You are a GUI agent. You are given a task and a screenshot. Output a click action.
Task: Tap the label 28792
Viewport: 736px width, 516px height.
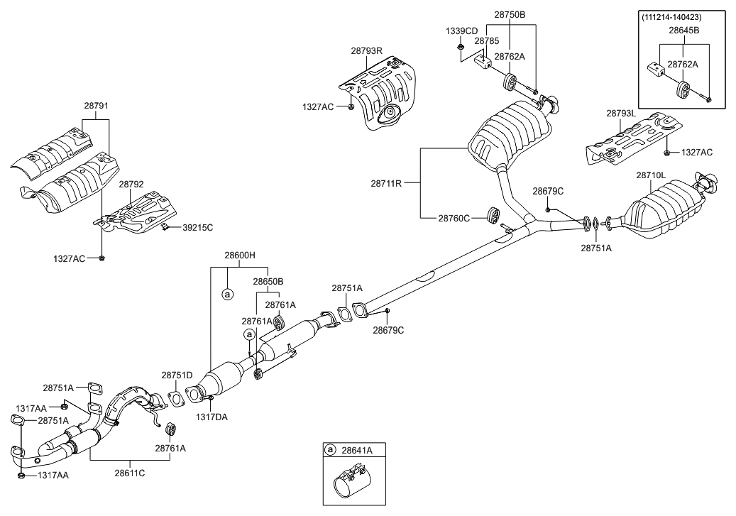131,184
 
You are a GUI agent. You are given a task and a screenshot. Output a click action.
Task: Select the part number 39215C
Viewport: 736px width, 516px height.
197,227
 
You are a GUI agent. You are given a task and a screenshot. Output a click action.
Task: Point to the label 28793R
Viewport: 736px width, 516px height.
366,50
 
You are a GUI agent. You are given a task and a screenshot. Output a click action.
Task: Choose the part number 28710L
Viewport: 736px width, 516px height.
651,175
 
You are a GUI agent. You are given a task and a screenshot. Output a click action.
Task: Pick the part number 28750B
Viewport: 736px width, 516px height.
510,14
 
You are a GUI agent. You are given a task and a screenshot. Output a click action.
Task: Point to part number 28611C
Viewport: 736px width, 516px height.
130,473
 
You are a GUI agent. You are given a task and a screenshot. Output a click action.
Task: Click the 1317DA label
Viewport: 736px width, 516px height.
212,417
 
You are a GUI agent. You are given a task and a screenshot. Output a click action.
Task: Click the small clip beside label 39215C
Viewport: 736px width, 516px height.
164,226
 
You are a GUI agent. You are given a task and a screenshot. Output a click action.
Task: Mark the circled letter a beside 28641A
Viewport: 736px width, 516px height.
330,449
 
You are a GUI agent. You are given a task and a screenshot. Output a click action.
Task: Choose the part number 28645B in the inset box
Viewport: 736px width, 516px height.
684,31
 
